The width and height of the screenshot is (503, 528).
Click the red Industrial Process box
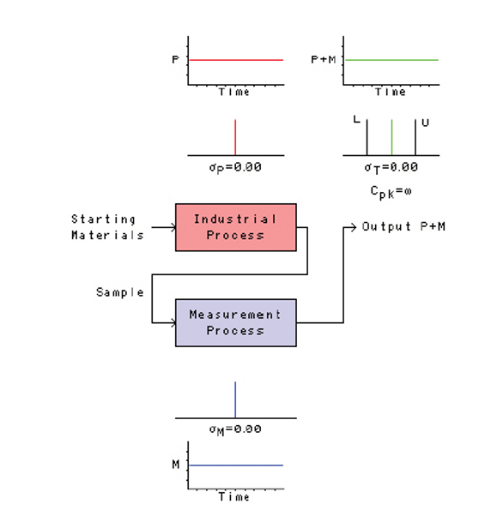coord(235,227)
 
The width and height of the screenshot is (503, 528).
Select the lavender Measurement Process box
coord(235,322)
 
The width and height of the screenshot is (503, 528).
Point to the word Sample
coord(119,292)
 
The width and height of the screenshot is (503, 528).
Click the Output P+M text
coord(403,226)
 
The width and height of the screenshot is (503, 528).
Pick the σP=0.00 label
coord(234,167)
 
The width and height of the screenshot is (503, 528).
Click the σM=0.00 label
coord(234,429)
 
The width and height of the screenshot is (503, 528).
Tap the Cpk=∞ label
coord(391,190)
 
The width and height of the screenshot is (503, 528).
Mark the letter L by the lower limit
coord(356,121)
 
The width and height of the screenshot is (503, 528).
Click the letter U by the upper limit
coord(425,123)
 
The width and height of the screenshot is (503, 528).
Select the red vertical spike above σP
coord(235,137)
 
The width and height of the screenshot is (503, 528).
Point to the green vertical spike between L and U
coord(391,137)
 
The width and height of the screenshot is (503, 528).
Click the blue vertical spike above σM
coord(235,399)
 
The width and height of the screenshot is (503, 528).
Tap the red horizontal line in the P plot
coord(236,60)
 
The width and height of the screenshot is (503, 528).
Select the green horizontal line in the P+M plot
coord(391,60)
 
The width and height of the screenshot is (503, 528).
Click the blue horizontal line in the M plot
coord(236,465)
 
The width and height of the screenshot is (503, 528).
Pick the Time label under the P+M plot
coord(391,92)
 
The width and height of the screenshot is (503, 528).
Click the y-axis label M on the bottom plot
coord(175,465)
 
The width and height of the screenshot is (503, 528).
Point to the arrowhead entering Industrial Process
coord(173,228)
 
